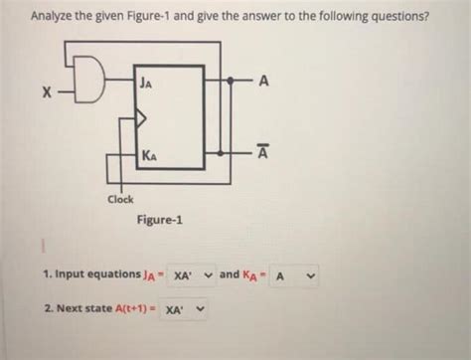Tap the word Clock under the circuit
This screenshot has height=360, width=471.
[122, 200]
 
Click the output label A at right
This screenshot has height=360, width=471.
[262, 81]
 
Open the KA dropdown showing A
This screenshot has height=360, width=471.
[295, 273]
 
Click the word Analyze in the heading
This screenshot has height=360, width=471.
[53, 17]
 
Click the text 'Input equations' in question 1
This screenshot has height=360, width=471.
[94, 273]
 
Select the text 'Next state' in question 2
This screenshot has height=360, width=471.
[85, 310]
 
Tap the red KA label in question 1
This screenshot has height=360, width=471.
[252, 274]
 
